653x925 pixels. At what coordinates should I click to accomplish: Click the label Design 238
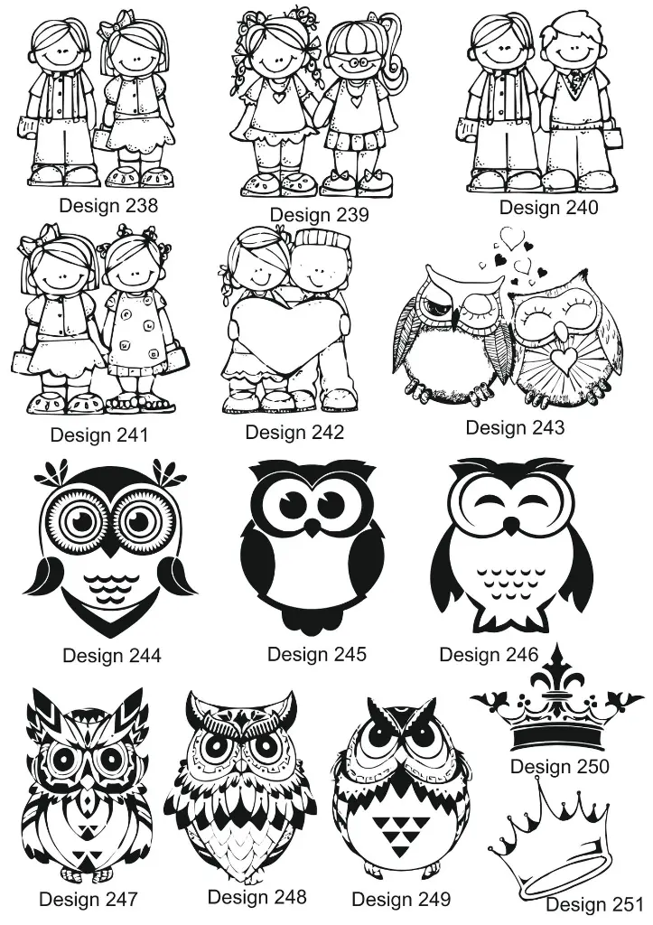tap(108, 206)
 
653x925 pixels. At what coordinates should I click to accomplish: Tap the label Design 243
tap(514, 427)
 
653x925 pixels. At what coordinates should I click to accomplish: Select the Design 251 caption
tap(593, 904)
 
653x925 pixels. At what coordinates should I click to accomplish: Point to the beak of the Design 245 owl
tap(313, 527)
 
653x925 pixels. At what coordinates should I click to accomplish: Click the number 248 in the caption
tap(287, 897)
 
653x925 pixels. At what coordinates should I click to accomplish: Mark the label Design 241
tap(98, 434)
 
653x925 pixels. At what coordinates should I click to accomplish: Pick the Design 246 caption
tap(489, 654)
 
